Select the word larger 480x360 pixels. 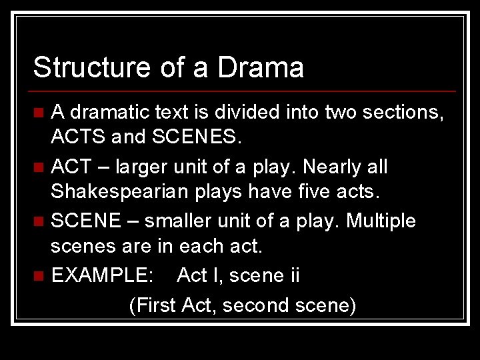click(x=154, y=167)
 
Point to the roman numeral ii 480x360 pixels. click(x=293, y=275)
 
